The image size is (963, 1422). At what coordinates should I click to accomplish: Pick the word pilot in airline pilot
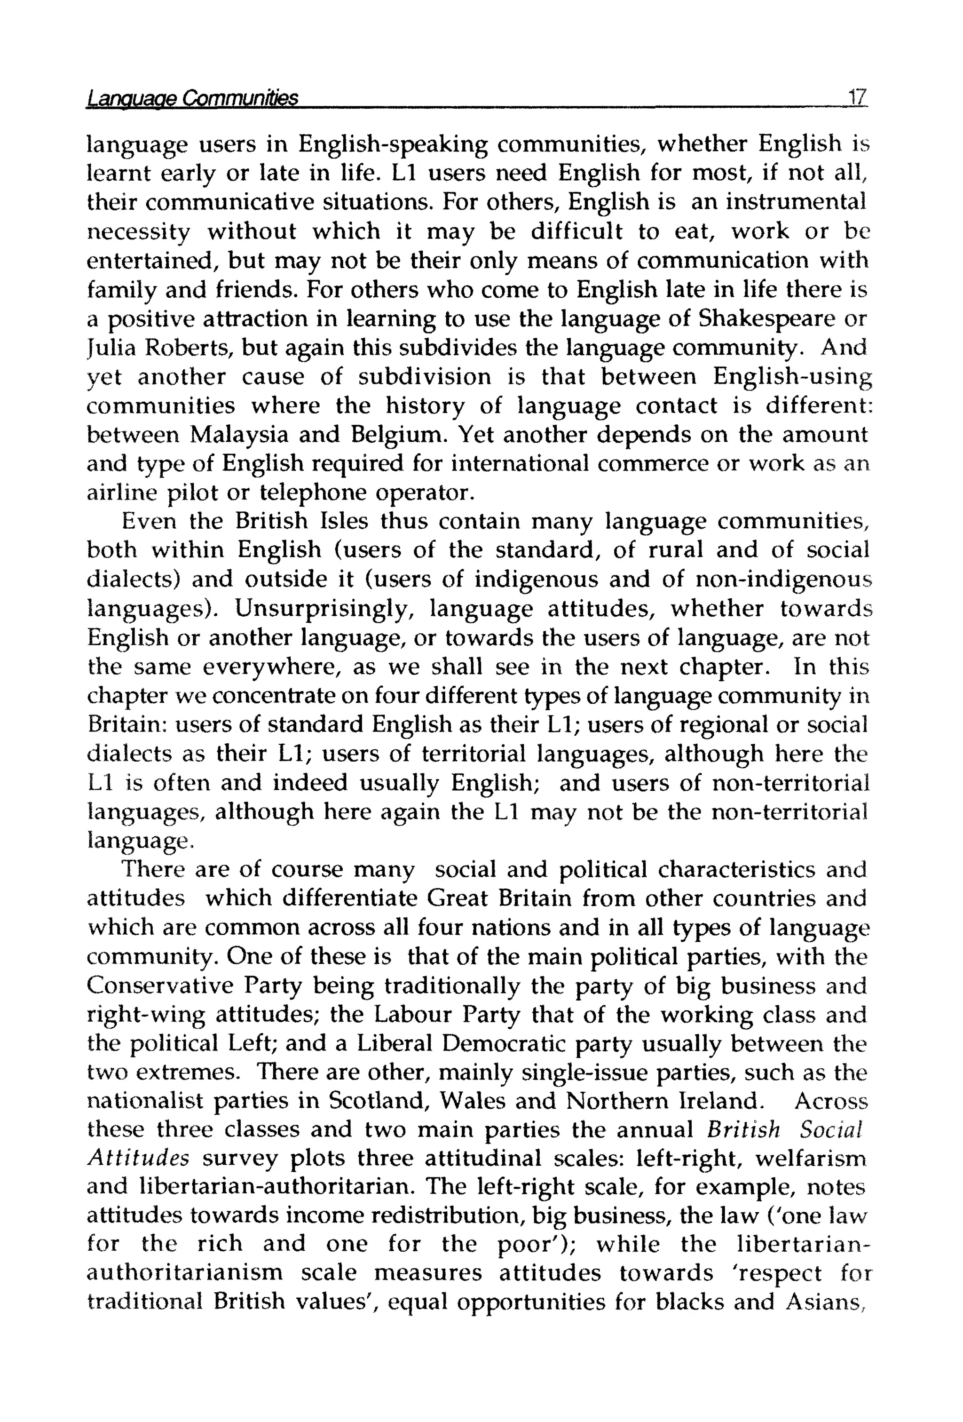click(205, 493)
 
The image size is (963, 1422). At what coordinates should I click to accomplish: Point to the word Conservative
click(160, 987)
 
